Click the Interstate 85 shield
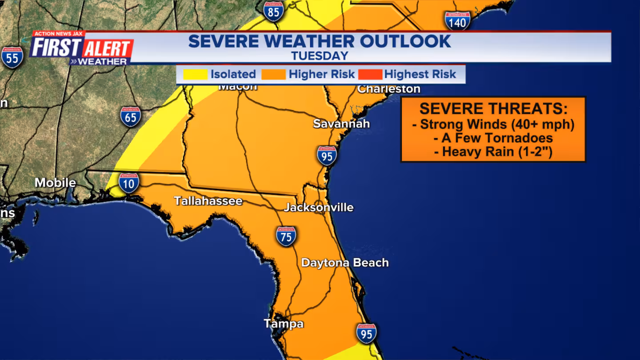[273, 11]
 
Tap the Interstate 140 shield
[457, 20]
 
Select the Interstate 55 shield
[12, 57]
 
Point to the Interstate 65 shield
[131, 116]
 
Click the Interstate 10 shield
[129, 183]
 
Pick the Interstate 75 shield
[286, 236]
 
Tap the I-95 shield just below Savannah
[327, 156]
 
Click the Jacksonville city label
[319, 208]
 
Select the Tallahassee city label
[208, 201]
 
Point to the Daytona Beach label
[345, 263]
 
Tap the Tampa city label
[284, 324]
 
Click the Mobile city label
[55, 183]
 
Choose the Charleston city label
[389, 89]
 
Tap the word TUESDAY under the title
[320, 56]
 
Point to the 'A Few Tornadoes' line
[493, 138]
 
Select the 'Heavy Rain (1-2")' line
[493, 152]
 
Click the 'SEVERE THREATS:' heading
[493, 109]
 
